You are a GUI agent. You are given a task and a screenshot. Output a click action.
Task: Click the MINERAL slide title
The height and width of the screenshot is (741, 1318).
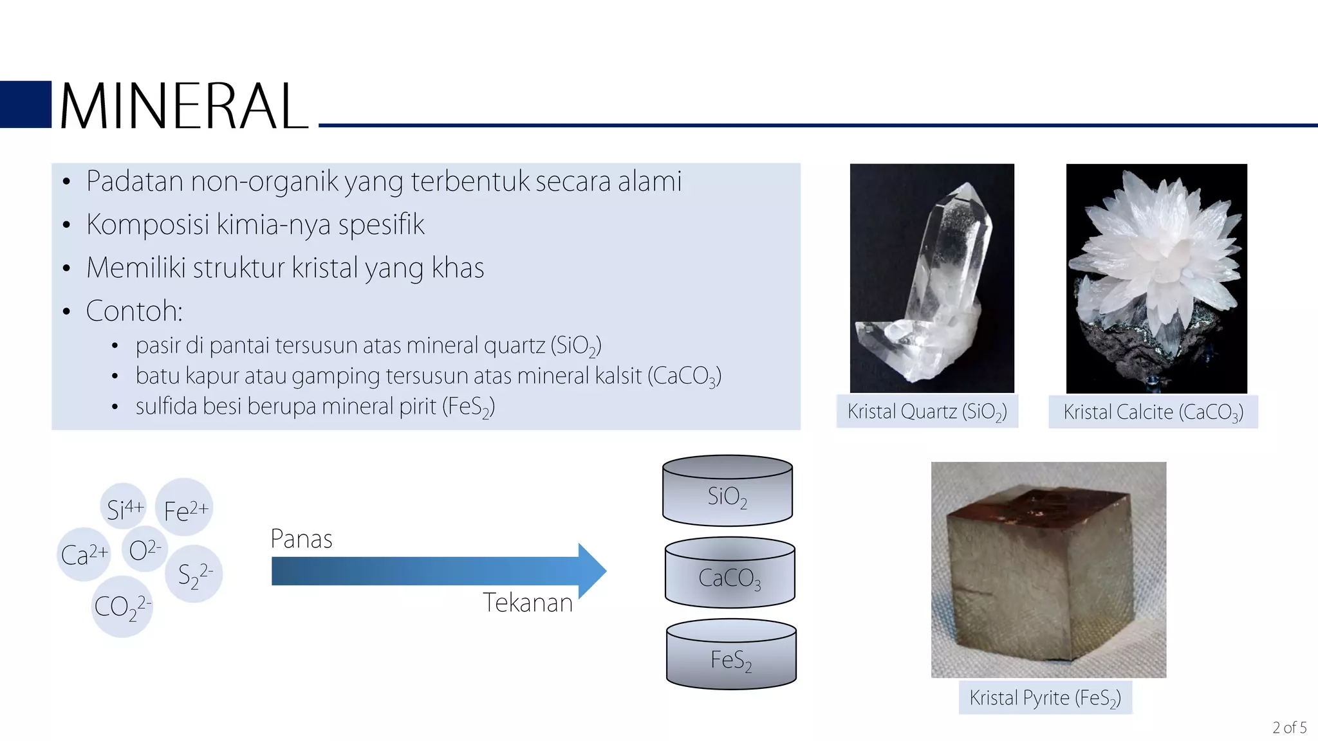(x=183, y=106)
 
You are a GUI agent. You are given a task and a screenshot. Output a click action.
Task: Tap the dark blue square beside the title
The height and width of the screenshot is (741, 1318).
(x=26, y=104)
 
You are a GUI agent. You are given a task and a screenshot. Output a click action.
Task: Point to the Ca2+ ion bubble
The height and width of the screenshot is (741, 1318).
(x=84, y=554)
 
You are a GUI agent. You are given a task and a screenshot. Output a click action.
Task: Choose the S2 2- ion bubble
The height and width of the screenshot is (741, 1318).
(x=194, y=574)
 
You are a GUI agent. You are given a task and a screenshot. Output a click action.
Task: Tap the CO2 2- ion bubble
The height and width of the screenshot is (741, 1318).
(x=122, y=607)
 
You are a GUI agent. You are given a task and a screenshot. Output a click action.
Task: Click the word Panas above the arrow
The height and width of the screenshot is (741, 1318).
(x=301, y=539)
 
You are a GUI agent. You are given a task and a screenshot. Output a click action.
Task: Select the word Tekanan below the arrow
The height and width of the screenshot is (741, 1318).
(x=528, y=603)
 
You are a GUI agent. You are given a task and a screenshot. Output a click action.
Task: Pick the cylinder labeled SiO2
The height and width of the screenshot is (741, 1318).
(x=727, y=492)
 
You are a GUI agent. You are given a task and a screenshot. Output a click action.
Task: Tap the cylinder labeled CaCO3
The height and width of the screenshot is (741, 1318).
(x=730, y=574)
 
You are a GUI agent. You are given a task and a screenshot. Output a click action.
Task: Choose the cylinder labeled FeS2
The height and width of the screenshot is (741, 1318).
(x=731, y=655)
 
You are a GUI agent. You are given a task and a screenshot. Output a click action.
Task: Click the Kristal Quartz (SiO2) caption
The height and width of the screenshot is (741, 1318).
(x=927, y=412)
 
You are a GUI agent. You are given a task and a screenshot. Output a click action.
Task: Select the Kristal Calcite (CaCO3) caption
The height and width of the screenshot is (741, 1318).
(x=1153, y=412)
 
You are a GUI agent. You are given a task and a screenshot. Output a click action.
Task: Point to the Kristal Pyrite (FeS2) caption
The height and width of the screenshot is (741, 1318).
(x=1045, y=698)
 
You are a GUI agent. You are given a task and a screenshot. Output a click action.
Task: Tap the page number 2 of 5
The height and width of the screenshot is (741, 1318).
(x=1289, y=727)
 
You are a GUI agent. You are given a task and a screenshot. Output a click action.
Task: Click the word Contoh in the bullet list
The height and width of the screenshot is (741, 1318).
(x=134, y=311)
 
